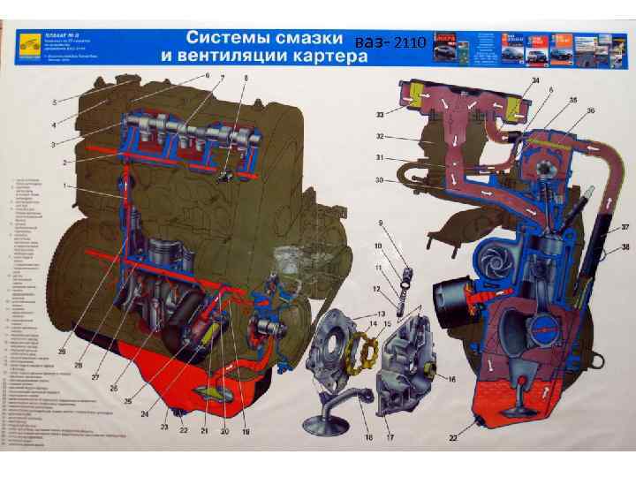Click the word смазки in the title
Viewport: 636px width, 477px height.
(296, 39)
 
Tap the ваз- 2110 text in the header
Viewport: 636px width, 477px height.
(390, 42)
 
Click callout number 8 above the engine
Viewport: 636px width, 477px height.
(246, 79)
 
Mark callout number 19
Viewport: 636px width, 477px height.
(246, 432)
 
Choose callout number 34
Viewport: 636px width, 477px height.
(534, 82)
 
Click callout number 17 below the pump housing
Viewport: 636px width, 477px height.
(388, 437)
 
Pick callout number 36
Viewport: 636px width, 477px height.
(591, 110)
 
